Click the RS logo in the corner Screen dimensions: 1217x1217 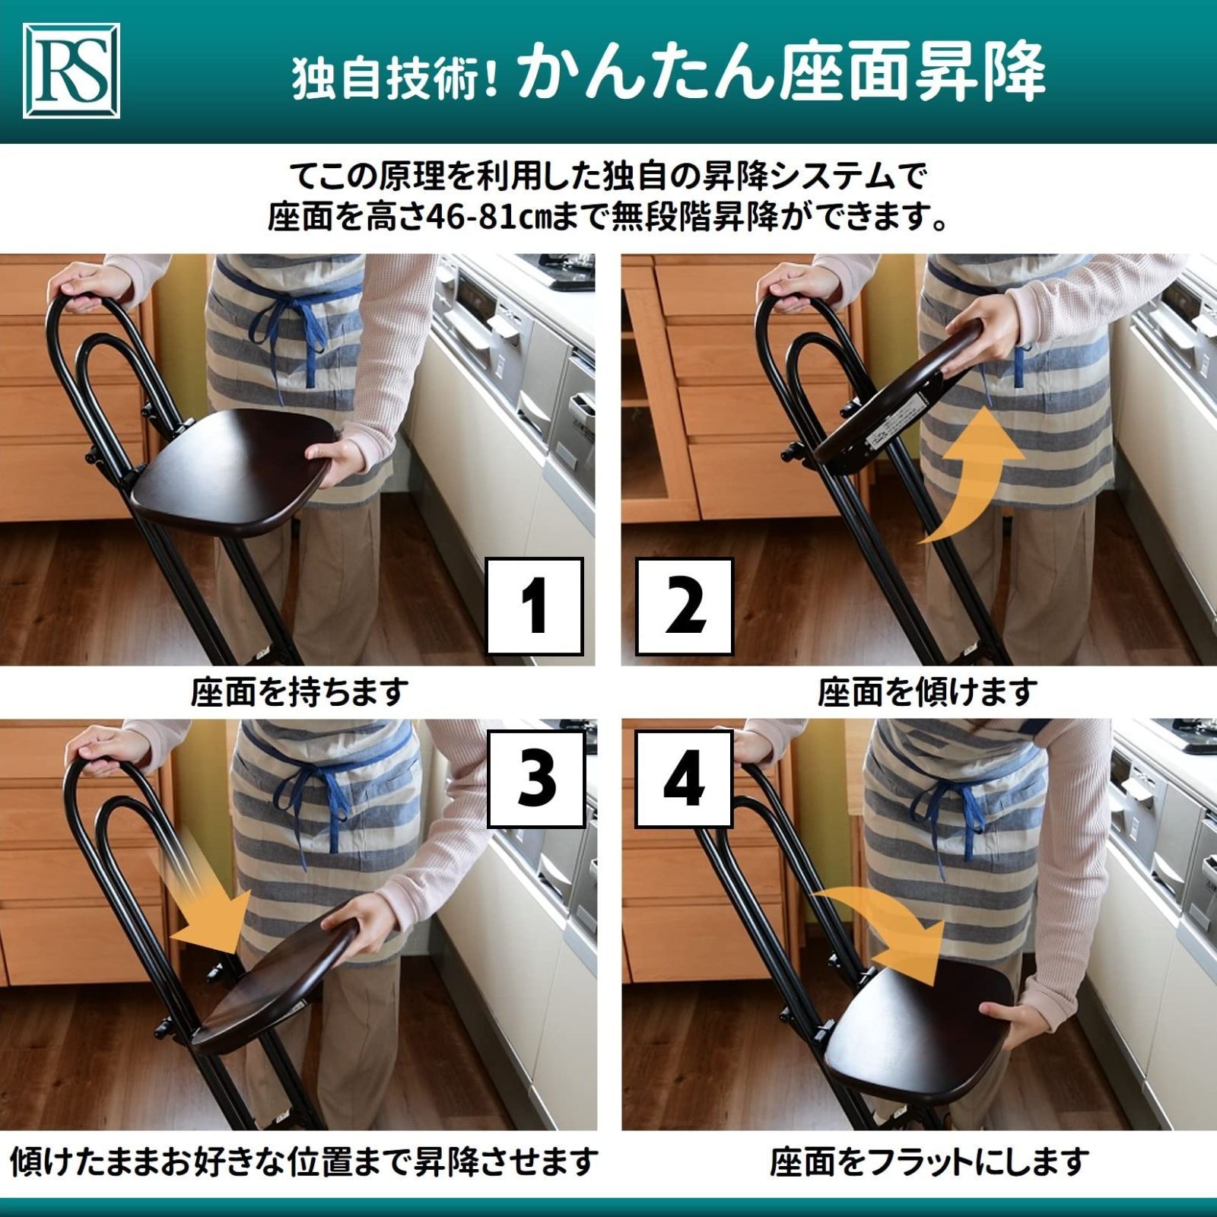[72, 71]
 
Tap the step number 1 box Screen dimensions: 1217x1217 [535, 606]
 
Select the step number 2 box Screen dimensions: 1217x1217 [684, 606]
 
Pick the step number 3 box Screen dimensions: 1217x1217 [536, 778]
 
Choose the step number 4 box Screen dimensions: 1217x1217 [684, 778]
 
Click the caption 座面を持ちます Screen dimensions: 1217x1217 [300, 692]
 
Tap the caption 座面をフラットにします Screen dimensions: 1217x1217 [929, 1161]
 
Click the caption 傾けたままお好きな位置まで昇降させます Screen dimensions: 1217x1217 [303, 1161]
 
